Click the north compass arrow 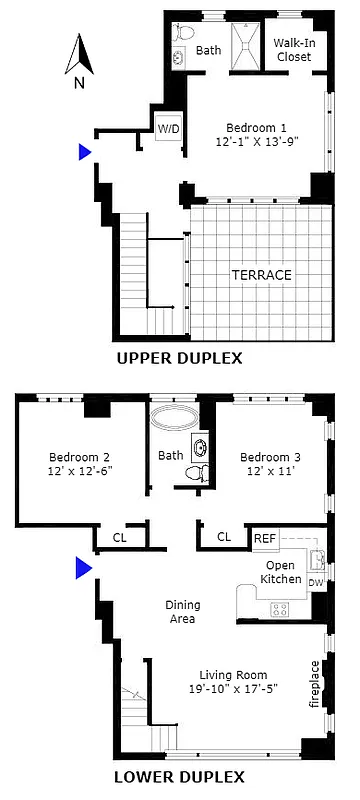(x=79, y=55)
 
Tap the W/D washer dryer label (x=167, y=129)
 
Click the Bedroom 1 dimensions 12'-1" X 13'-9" (x=257, y=142)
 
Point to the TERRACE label (x=260, y=274)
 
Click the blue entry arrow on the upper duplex (x=86, y=152)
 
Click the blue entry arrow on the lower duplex (x=84, y=568)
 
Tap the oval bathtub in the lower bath (x=175, y=417)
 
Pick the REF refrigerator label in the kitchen (x=264, y=538)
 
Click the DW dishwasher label (x=315, y=582)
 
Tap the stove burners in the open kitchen (x=280, y=608)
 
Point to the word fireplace (x=316, y=684)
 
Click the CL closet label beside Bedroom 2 (x=120, y=537)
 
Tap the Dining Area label (x=182, y=611)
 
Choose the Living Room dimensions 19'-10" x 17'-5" (x=231, y=688)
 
